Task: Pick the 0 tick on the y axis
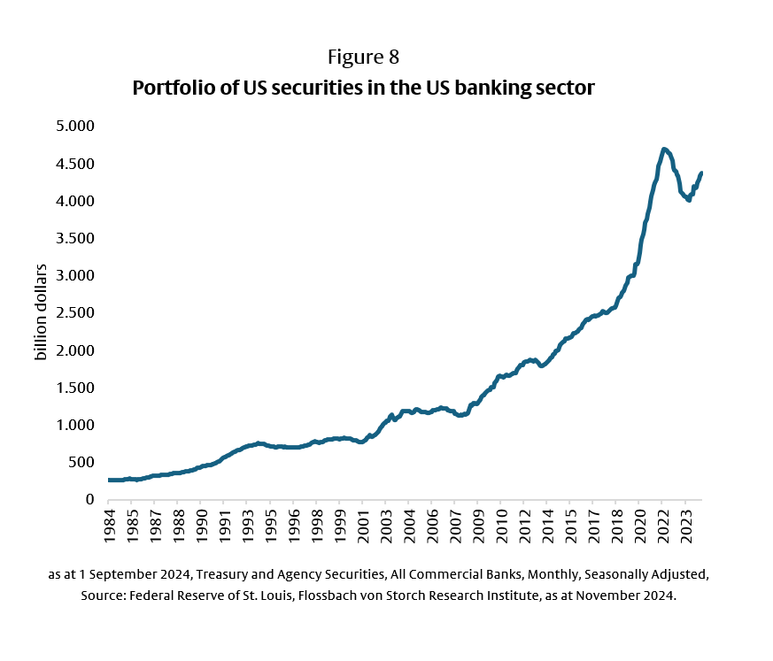coord(89,499)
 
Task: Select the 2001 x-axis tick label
coord(362,526)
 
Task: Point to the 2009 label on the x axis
coord(477,526)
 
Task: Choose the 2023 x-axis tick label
coord(686,526)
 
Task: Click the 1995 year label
coord(271,526)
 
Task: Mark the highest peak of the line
coord(664,150)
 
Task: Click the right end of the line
coord(701,173)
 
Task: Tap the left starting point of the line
coord(110,480)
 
